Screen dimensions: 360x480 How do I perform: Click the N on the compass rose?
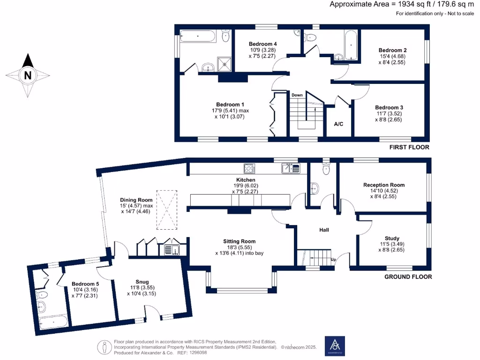tap(28, 75)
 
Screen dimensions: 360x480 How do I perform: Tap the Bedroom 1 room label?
tap(230, 105)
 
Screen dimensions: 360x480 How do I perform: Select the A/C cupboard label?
tap(338, 124)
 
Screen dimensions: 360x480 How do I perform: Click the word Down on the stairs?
tap(297, 95)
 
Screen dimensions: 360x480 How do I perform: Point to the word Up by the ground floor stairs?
tap(333, 259)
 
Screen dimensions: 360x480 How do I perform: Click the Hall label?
tap(324, 230)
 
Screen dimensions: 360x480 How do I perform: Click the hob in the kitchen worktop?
tap(249, 168)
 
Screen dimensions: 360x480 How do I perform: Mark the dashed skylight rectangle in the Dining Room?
tap(166, 210)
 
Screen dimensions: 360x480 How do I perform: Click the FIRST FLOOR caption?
tap(409, 147)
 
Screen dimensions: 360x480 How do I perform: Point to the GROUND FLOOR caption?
tap(408, 277)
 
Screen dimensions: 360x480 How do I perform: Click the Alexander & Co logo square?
tap(335, 346)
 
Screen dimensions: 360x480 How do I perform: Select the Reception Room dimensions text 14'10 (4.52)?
tap(384, 191)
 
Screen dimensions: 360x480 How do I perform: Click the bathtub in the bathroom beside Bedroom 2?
tap(350, 45)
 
